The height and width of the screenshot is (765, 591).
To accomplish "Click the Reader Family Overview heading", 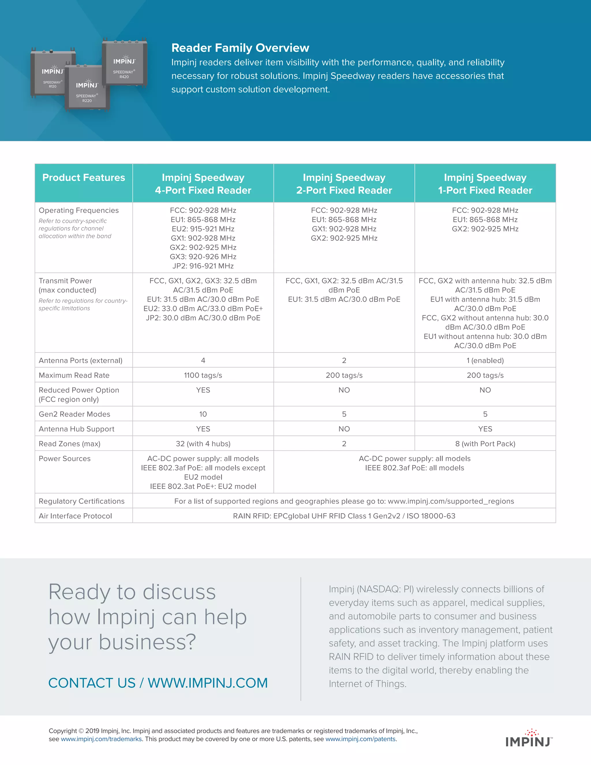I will (x=240, y=48).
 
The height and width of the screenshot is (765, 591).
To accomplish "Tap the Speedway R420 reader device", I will (x=125, y=63).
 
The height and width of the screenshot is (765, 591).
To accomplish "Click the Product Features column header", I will (x=83, y=178).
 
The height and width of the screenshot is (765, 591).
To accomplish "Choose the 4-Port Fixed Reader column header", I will (x=203, y=184).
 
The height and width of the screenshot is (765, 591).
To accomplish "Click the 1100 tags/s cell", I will (x=203, y=375).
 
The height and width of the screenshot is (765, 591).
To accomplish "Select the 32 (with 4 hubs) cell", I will (x=203, y=443).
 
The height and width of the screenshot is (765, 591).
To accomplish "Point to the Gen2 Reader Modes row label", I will (x=74, y=414).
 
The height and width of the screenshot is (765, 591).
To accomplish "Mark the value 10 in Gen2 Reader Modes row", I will (x=203, y=414).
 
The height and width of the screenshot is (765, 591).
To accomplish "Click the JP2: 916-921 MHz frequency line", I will (x=203, y=266).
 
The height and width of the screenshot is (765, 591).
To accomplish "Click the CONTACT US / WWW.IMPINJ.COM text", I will (x=158, y=683).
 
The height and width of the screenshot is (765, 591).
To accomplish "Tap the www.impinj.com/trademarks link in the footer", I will (x=101, y=739).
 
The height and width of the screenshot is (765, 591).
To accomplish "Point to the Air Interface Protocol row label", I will (x=75, y=516).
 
